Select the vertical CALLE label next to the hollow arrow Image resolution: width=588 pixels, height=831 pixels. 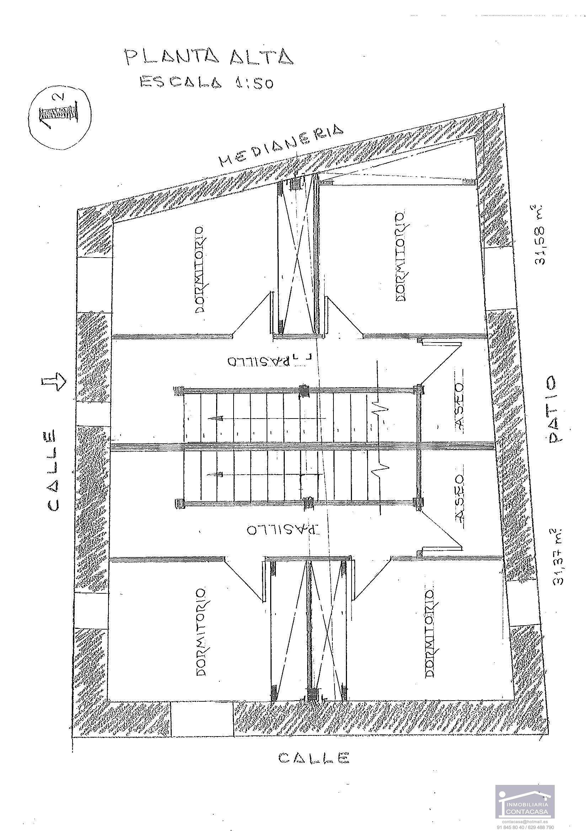[x=52, y=470]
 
